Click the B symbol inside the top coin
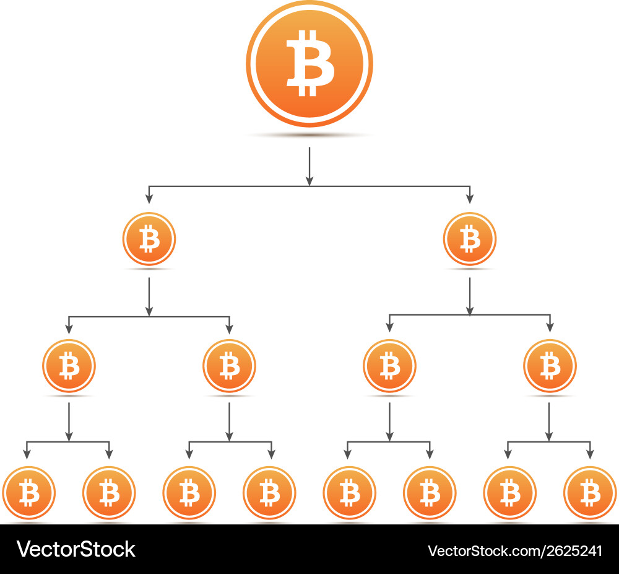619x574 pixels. (309, 63)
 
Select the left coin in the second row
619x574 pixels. (149, 239)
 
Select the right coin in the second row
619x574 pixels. (470, 239)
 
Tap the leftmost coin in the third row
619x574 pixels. (69, 366)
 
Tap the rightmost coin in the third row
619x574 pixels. (550, 366)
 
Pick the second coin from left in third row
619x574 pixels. (229, 366)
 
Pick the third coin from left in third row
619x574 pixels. (390, 366)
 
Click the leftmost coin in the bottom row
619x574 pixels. (28, 493)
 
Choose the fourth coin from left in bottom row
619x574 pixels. (269, 493)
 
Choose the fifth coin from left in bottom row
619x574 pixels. (350, 493)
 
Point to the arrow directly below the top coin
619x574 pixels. (309, 166)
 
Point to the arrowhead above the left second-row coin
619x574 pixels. (149, 198)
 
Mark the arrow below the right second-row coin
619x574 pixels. (470, 296)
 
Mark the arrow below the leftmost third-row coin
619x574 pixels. (69, 422)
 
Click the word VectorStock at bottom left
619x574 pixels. (76, 549)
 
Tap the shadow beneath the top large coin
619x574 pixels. (309, 135)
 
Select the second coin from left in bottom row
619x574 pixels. (109, 493)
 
